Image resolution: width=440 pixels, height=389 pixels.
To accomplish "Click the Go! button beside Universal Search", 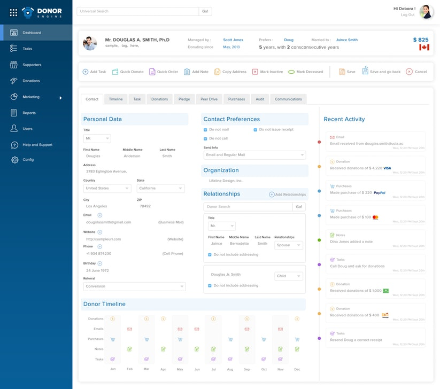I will tap(205, 11).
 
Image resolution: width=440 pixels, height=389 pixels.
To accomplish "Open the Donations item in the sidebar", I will tap(31, 81).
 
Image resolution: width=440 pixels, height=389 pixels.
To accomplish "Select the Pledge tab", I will tap(184, 99).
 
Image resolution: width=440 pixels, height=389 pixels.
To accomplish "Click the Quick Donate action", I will tap(128, 72).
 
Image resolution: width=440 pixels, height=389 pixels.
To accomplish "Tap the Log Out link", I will tap(407, 15).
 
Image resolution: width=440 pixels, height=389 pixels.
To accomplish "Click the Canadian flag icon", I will tap(424, 48).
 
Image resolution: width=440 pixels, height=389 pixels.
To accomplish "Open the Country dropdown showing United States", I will tap(107, 189).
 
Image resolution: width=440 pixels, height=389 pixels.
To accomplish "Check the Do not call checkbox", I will tap(205, 138).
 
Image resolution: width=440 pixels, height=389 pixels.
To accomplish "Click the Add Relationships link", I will tap(288, 194).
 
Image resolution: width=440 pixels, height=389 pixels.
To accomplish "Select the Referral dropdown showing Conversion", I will tap(134, 286).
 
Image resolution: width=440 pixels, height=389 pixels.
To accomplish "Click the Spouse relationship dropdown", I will tap(289, 245).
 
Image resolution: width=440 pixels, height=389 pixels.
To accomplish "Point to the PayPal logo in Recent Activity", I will tap(380, 192).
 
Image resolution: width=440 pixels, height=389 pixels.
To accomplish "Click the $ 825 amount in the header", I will tap(421, 40).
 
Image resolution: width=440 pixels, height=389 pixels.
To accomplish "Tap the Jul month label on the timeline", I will tap(213, 369).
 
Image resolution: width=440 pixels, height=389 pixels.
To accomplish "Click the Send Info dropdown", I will tap(254, 155).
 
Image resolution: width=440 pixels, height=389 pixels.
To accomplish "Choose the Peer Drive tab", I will tap(209, 99).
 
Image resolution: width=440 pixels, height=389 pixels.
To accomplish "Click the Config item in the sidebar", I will tap(28, 160).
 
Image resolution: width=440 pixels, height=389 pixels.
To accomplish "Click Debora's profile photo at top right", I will tap(426, 12).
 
